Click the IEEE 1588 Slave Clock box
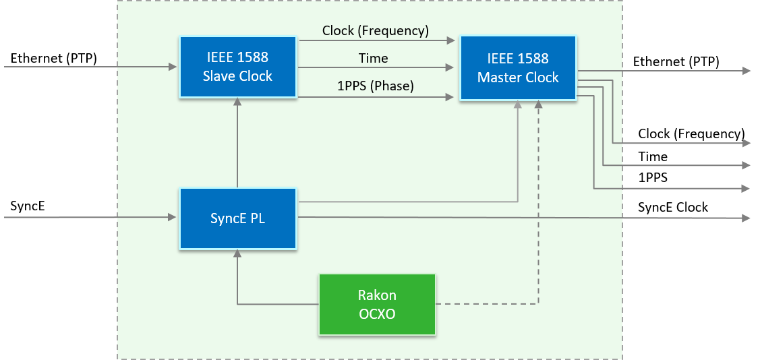click(237, 67)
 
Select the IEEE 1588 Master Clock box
click(518, 68)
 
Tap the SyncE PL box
click(237, 218)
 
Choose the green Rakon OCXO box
click(377, 304)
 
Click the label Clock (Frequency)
click(375, 30)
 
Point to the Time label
click(373, 59)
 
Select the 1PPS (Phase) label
click(375, 86)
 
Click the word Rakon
click(377, 295)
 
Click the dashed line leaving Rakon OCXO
click(486, 304)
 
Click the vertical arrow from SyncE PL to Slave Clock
click(237, 145)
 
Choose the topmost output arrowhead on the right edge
click(747, 71)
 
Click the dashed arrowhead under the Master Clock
click(538, 106)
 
